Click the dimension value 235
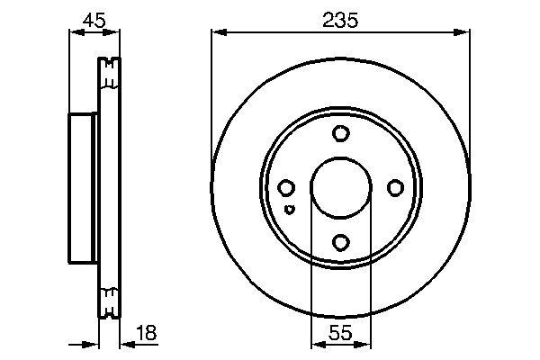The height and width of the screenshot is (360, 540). pos(340,19)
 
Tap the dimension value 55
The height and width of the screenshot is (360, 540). pos(340,333)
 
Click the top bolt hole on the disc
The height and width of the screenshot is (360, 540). pos(340,134)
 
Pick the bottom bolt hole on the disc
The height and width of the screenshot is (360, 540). pos(340,242)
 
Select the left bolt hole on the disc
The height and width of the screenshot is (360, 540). pos(286,188)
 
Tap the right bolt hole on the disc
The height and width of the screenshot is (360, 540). pos(394,188)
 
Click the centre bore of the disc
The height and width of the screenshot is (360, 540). pos(340,188)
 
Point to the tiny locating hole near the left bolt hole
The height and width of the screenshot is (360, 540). pos(288,210)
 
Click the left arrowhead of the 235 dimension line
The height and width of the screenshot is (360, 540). pos(217,32)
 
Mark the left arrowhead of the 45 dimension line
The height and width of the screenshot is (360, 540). pos(75,32)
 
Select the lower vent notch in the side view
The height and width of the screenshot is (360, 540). pos(108,303)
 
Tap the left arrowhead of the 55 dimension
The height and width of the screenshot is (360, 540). pos(316,343)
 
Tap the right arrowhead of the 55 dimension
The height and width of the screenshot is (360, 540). pos(364,343)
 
